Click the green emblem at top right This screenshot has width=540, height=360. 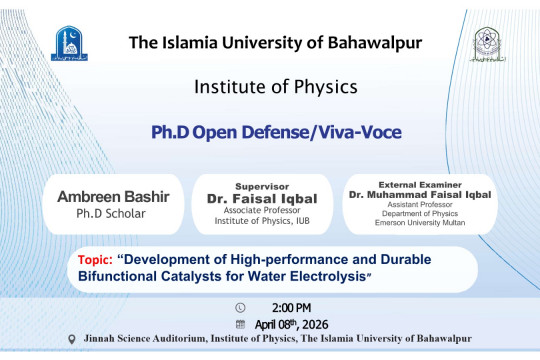[486, 45]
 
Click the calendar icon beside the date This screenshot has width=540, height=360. [239, 324]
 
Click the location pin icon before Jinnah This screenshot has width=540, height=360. [71, 340]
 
